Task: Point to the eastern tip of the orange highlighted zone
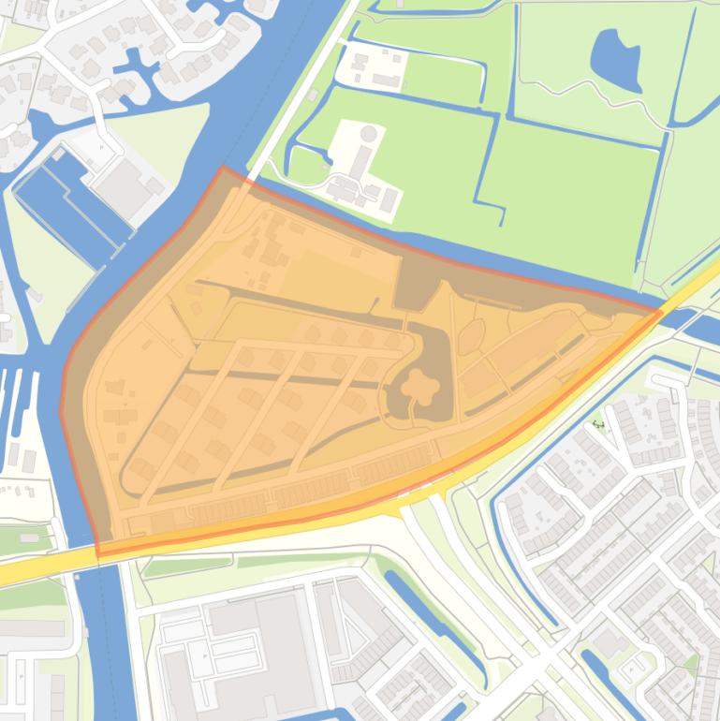[x=661, y=310]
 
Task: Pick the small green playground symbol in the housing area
[x=598, y=424]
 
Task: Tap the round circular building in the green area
[x=369, y=134]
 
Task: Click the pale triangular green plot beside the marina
[x=37, y=253]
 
